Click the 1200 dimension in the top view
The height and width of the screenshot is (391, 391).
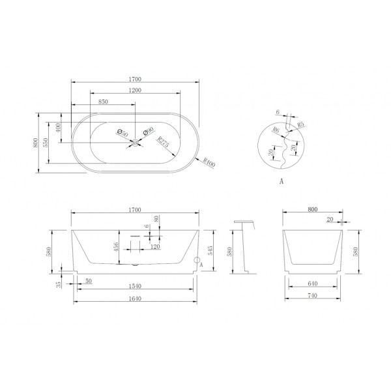point(136,91)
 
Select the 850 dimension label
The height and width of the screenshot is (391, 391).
point(104,102)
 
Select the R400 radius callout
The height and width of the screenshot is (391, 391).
point(209,164)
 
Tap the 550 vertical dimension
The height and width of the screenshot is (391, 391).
point(46,142)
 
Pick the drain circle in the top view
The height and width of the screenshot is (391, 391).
point(136,141)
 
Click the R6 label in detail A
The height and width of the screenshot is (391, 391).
point(276,130)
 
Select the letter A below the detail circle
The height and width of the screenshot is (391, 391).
point(281,182)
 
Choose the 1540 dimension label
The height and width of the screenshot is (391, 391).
point(136,286)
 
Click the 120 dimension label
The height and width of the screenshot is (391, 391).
point(155,248)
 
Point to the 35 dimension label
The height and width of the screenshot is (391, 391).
point(59,284)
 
